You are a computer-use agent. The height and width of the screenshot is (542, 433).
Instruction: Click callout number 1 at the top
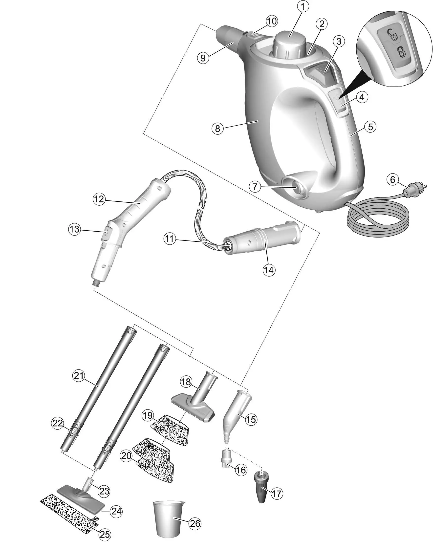303,7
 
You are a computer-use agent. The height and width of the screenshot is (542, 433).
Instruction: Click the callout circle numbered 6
392,179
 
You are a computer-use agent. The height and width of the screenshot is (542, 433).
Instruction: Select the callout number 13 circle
75,229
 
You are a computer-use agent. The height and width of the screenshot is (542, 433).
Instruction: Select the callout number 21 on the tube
79,382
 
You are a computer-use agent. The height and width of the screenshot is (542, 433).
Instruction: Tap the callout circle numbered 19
148,415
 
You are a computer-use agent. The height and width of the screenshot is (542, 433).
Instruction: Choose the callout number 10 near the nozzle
272,21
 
